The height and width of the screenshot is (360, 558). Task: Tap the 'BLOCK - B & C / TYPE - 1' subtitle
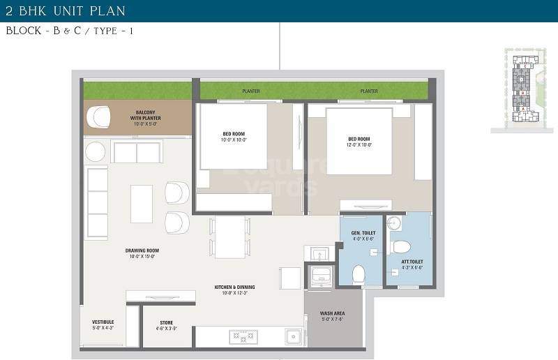(x=69, y=31)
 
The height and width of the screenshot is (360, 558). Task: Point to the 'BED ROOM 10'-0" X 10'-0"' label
(x=234, y=137)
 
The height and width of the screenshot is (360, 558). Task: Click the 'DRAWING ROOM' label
(x=142, y=253)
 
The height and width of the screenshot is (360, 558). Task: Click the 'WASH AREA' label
(x=333, y=316)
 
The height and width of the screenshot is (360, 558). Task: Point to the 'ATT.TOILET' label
(x=412, y=264)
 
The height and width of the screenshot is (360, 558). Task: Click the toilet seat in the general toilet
(x=359, y=273)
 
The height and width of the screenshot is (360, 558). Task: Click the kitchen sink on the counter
(x=292, y=337)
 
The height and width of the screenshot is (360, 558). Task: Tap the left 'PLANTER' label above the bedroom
(x=251, y=91)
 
